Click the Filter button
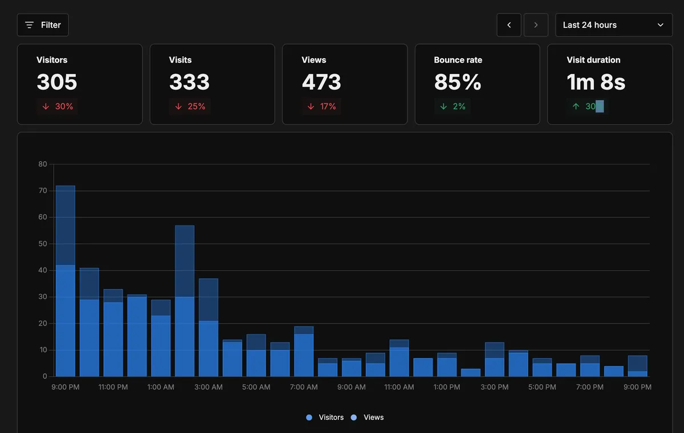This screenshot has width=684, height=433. point(43,25)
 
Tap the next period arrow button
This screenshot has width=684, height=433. point(536,25)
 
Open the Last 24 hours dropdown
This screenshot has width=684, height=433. point(613,25)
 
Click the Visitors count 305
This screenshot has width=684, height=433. point(57,82)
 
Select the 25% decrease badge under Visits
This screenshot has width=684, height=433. point(190,107)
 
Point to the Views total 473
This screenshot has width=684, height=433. point(321,82)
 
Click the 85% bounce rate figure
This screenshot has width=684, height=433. point(458,82)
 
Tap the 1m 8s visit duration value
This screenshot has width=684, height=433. point(596,82)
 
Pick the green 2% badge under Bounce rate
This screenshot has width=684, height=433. point(453,107)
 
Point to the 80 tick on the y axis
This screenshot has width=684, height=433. point(43,164)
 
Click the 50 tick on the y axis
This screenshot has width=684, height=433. point(43,244)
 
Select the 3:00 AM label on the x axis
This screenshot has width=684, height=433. point(209,387)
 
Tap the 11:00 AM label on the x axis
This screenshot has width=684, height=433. point(399,387)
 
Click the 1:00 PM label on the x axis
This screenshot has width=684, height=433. point(447,387)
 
